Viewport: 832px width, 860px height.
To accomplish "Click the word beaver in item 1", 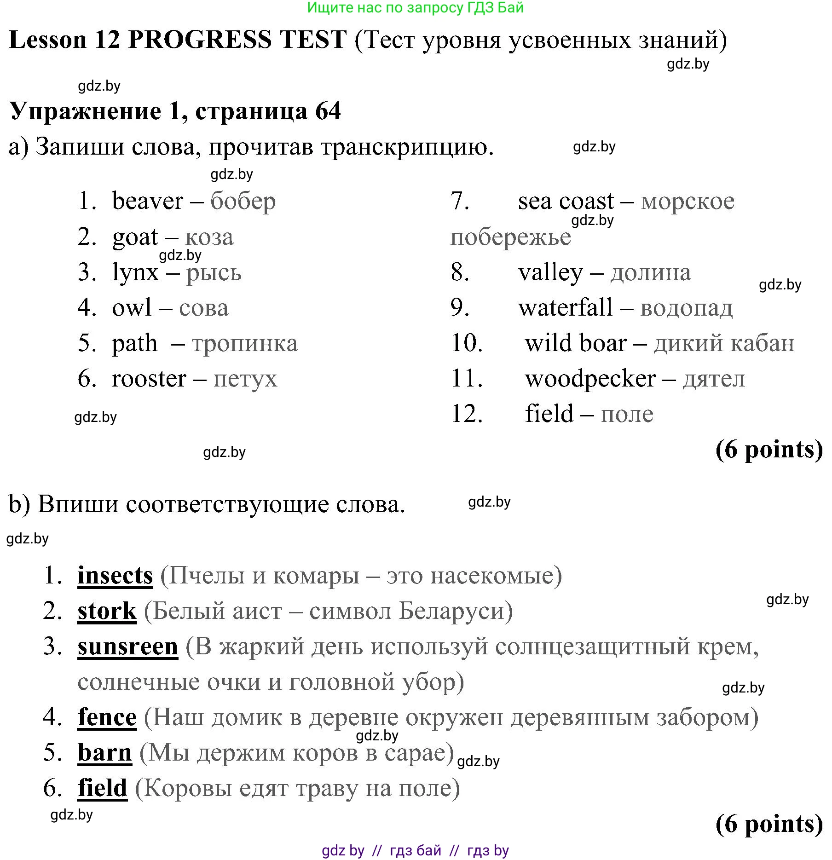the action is coord(147,201).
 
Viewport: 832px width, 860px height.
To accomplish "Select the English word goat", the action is coord(135,237).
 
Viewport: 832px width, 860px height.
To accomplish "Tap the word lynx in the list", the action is coord(135,272).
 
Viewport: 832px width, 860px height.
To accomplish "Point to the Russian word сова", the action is coord(203,308).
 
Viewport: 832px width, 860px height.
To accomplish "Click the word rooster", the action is coord(149,379).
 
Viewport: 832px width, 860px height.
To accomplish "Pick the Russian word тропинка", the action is coord(245,343).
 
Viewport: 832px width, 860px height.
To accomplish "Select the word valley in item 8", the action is coord(550,272).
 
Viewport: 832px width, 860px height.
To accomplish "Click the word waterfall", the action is coord(565,307).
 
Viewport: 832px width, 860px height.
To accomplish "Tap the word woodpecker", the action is coord(590,379).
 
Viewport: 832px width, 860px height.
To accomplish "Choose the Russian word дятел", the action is coord(714,379).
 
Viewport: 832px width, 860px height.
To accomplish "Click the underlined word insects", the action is coord(115,576).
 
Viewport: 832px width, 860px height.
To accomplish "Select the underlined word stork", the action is coord(107,611).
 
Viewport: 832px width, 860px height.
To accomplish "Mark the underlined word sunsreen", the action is coord(127,646).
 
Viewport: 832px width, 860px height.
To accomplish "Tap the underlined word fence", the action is coord(107,717).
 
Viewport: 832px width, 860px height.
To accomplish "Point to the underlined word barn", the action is coord(105,753).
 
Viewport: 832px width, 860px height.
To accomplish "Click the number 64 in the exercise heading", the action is coord(328,111).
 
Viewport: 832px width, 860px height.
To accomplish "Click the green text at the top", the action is coord(415,8).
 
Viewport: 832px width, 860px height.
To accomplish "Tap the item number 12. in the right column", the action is coord(467,414).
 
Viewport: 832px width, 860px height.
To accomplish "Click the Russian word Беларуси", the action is coord(456,611).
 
